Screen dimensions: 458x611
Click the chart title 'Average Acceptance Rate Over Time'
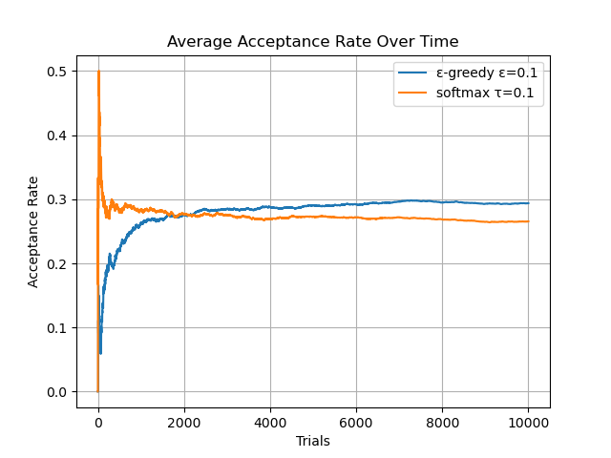pos(312,42)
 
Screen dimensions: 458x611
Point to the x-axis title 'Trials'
pos(312,441)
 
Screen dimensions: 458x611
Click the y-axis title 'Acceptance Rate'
pos(33,231)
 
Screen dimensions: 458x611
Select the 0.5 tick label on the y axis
pos(58,72)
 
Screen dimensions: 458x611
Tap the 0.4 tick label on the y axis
pos(58,135)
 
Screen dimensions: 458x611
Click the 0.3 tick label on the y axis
pos(58,199)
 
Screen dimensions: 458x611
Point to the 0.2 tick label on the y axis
pos(58,263)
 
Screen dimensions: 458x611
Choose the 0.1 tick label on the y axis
pos(58,328)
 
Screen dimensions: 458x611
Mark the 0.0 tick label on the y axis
pos(58,392)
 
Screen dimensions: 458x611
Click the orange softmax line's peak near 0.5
pos(98,72)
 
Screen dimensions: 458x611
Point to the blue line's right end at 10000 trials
pos(528,203)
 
